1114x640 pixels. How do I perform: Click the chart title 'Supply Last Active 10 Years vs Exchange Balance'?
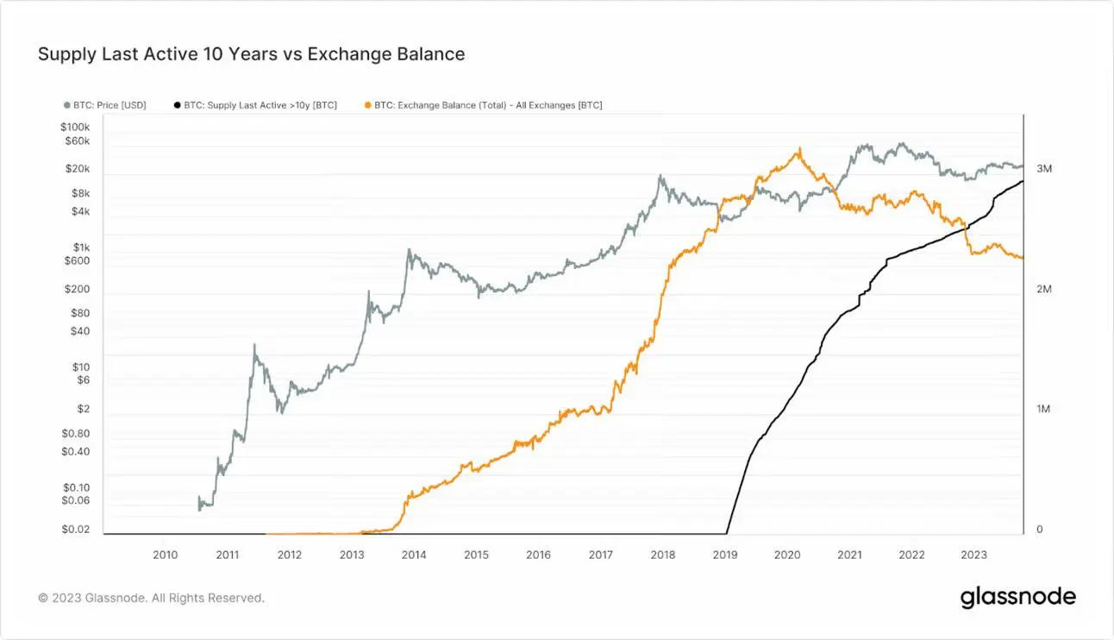pyautogui.click(x=251, y=54)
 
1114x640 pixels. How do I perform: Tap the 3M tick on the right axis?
pyautogui.click(x=1044, y=169)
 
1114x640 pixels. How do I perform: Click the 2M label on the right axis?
pyautogui.click(x=1044, y=290)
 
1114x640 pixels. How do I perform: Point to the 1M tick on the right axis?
pyautogui.click(x=1044, y=410)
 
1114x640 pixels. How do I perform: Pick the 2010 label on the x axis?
pyautogui.click(x=165, y=555)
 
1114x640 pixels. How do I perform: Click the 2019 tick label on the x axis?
pyautogui.click(x=725, y=555)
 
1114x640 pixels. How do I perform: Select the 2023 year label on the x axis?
pyautogui.click(x=974, y=555)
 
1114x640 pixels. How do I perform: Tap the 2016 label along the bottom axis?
pyautogui.click(x=538, y=555)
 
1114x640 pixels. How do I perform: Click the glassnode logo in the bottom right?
pyautogui.click(x=1018, y=597)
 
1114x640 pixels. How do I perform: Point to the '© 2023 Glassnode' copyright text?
pyautogui.click(x=151, y=597)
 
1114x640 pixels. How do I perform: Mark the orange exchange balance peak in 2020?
pyautogui.click(x=799, y=148)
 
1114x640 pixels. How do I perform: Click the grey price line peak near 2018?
pyautogui.click(x=660, y=176)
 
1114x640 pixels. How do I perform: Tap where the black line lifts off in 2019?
pyautogui.click(x=727, y=532)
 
